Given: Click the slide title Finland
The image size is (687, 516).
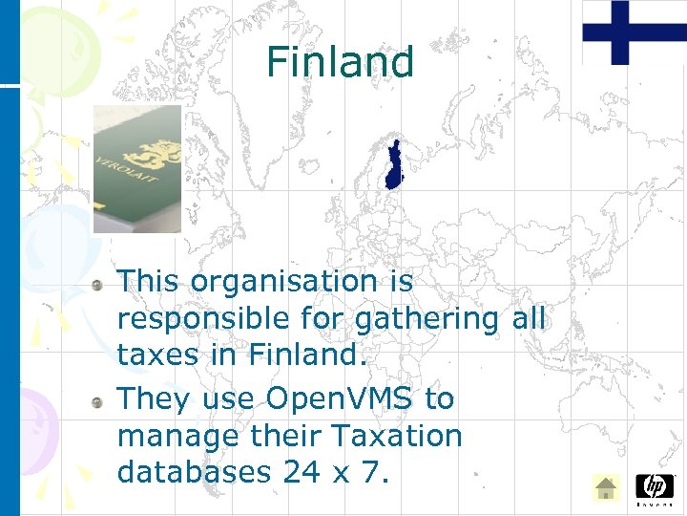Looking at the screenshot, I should click(x=340, y=62).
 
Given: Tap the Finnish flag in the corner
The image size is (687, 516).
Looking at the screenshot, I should click(x=634, y=32).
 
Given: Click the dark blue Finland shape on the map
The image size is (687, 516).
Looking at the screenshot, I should click(x=393, y=166).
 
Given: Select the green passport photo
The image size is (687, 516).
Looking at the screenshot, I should click(x=136, y=169).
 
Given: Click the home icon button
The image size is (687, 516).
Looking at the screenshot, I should click(x=605, y=488).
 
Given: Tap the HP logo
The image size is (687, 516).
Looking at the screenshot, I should click(x=654, y=488).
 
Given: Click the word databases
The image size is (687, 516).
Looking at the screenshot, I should click(x=194, y=471).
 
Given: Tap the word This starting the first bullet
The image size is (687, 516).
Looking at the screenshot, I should click(x=149, y=282).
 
